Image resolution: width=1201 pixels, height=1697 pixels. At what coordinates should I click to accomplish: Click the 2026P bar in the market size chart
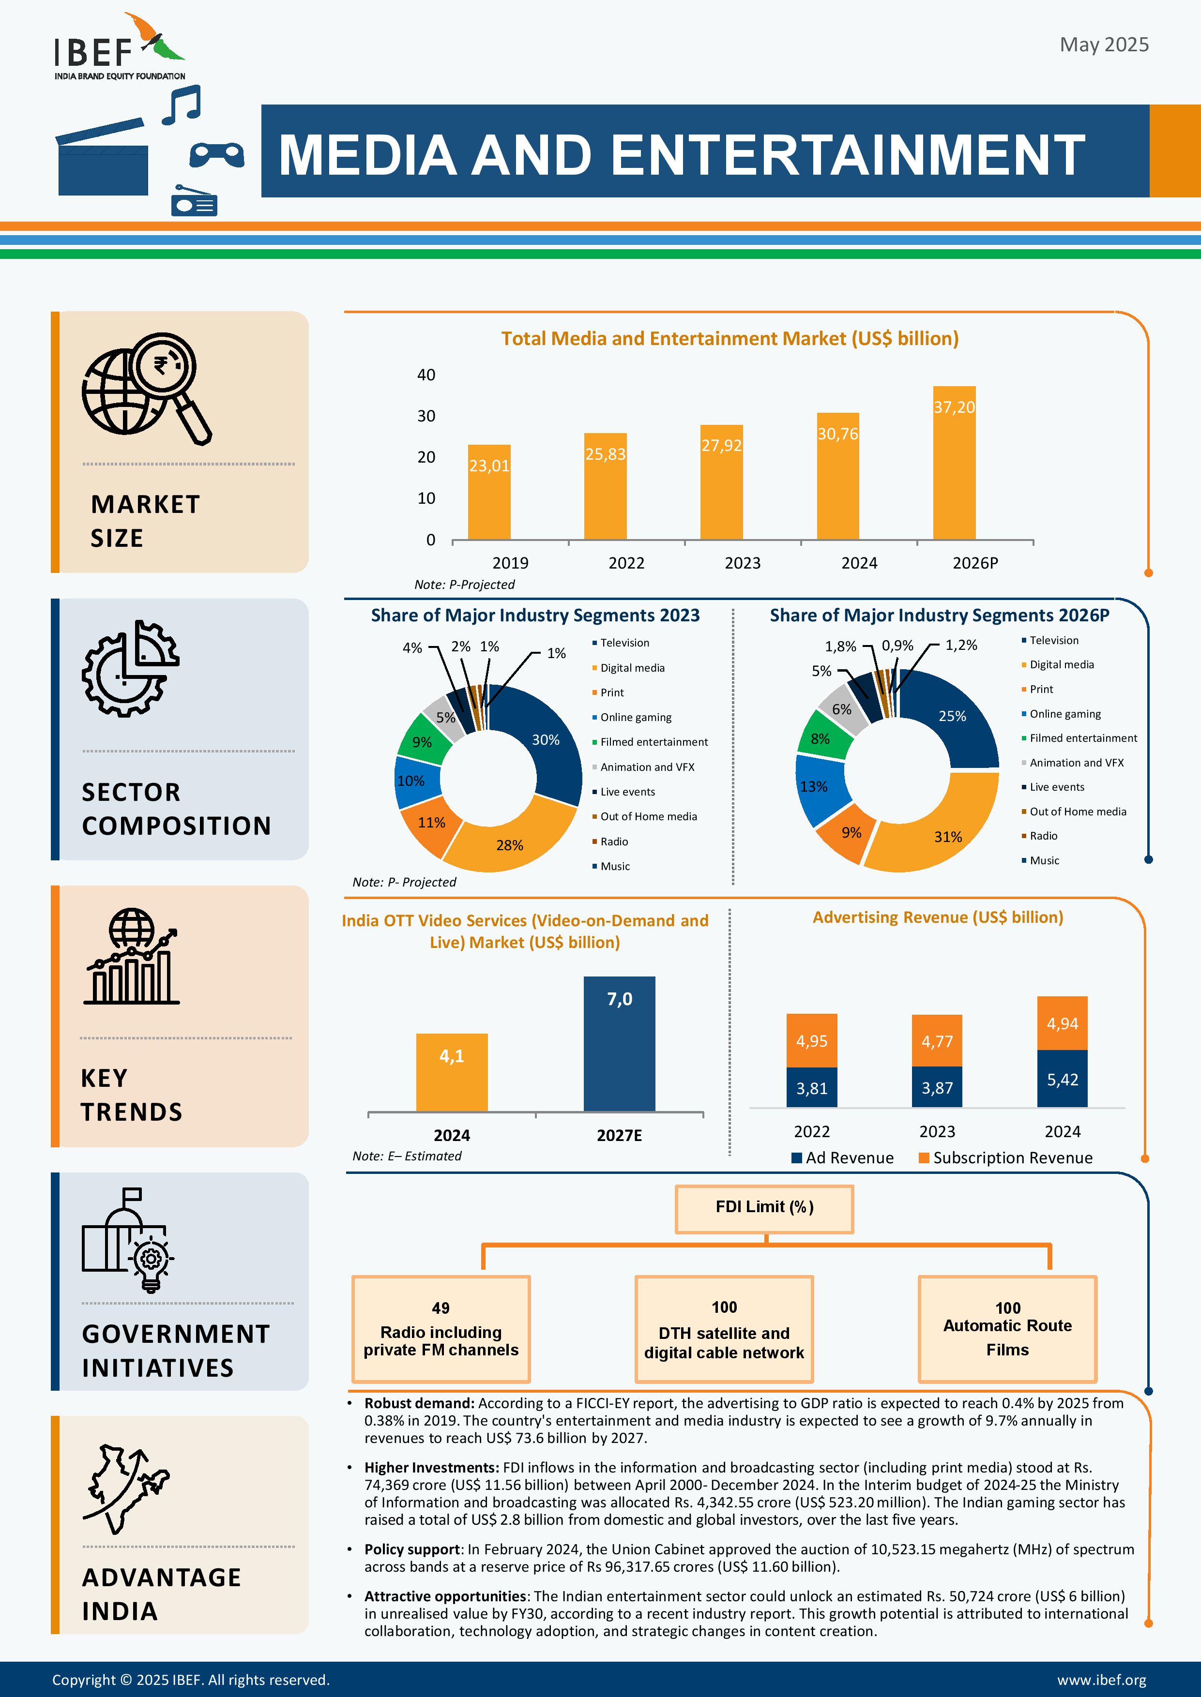pos(954,463)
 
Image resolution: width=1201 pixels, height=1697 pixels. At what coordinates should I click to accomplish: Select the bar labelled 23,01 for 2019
pos(489,492)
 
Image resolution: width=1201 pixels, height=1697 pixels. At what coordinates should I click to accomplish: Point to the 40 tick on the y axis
pos(426,375)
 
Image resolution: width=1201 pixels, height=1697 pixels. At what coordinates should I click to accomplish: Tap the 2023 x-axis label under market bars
pos(743,563)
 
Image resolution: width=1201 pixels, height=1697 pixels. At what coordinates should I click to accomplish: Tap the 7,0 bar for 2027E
pos(619,1044)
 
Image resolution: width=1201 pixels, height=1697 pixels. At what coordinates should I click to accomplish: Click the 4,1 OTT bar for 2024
pos(452,1072)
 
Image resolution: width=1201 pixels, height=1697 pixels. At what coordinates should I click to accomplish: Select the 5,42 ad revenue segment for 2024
pos(1062,1079)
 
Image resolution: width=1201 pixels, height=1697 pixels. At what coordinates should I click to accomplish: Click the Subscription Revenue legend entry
pos(1006,1158)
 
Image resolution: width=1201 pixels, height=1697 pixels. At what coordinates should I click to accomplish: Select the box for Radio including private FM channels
pos(441,1329)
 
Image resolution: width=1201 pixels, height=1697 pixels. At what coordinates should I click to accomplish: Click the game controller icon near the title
pos(217,154)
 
